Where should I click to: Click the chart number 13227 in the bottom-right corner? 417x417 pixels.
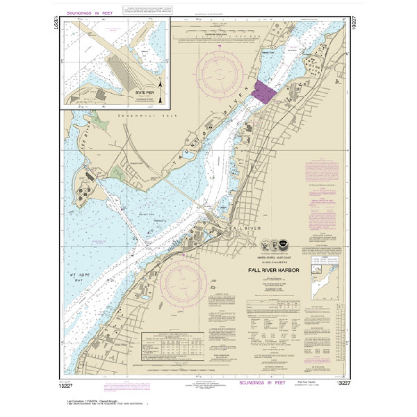point(342,383)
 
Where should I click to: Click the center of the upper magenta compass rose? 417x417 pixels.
point(222,72)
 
